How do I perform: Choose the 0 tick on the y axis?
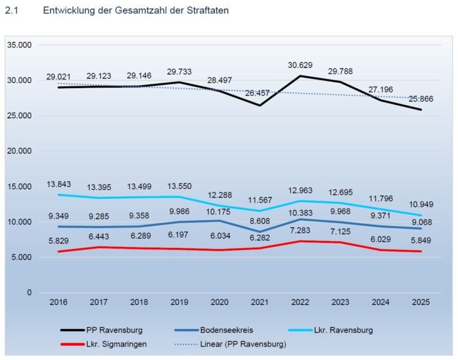pyautogui.click(x=28, y=293)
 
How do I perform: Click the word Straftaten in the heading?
pyautogui.click(x=206, y=11)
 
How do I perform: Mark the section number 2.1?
pyautogui.click(x=11, y=11)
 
